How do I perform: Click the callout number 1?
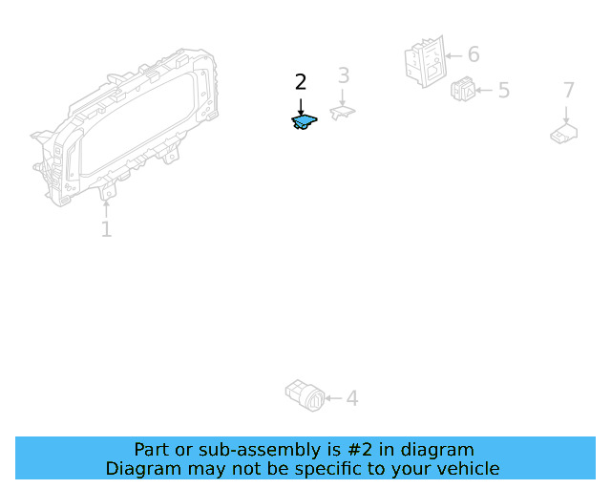106,229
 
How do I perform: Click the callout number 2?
301,82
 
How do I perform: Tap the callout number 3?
344,75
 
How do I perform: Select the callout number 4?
352,397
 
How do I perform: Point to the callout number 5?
503,91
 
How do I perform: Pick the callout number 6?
474,54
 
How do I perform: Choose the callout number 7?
569,91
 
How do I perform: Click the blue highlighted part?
305,121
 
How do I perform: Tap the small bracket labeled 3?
343,112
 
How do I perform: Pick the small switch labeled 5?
463,89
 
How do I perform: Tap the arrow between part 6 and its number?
453,55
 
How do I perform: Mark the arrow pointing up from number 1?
106,207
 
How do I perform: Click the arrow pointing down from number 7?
566,113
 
